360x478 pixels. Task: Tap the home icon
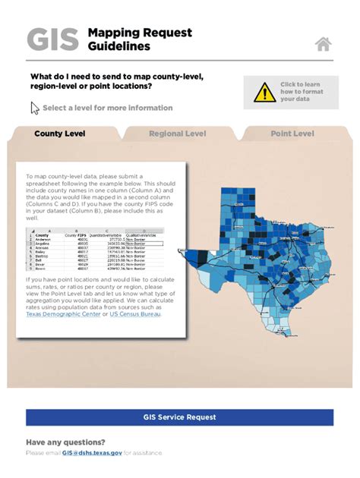click(324, 44)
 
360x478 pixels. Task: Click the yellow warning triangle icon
click(264, 93)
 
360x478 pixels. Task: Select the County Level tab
click(59, 134)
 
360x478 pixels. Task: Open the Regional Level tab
click(177, 134)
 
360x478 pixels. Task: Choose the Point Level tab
click(292, 134)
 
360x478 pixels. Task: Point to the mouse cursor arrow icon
click(34, 108)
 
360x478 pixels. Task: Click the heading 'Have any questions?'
click(65, 442)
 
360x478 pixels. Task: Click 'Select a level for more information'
click(107, 108)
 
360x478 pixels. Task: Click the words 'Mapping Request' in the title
click(140, 33)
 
